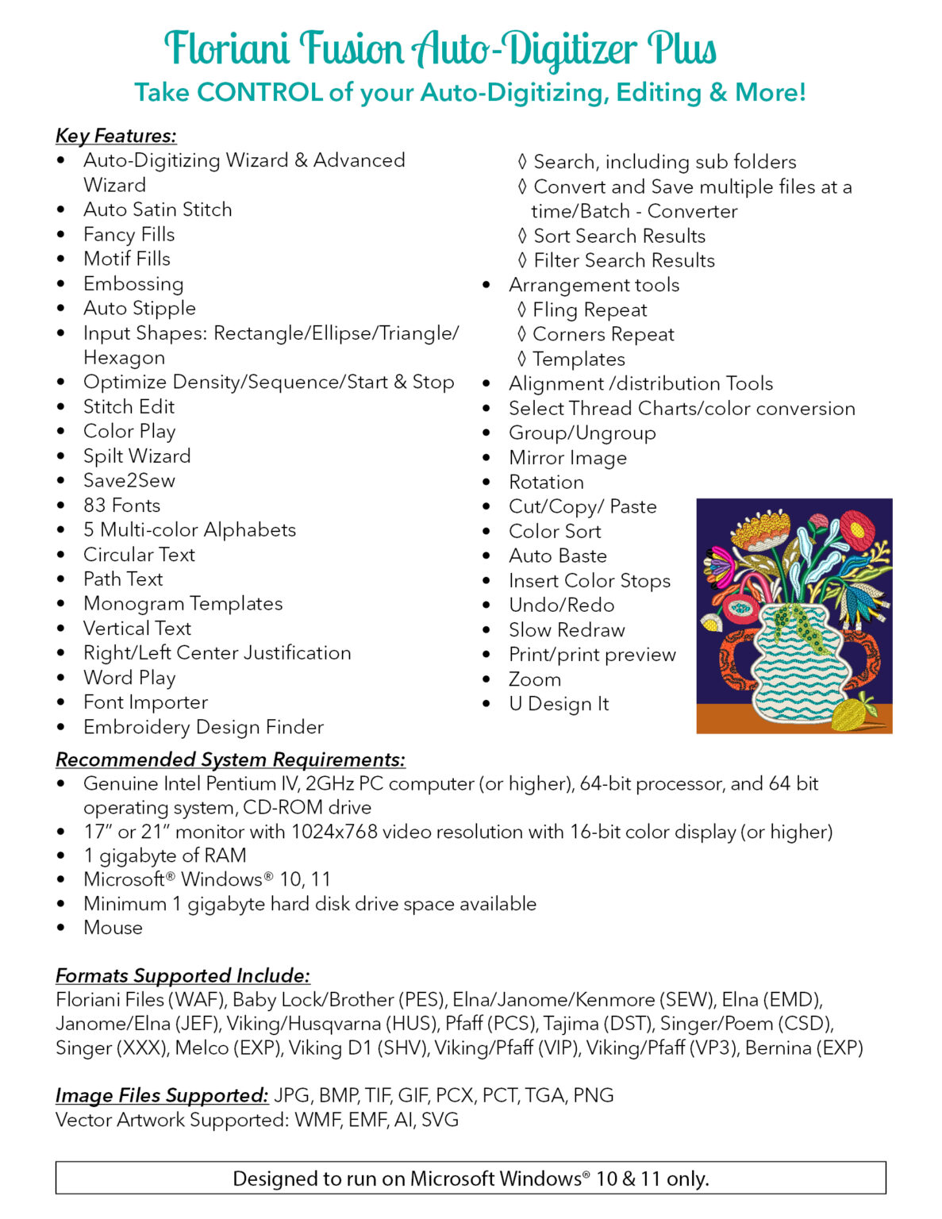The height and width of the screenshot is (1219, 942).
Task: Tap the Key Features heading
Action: click(x=116, y=136)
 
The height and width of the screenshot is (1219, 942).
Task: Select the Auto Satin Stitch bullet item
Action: click(x=158, y=210)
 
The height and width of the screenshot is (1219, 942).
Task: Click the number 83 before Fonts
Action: click(x=94, y=506)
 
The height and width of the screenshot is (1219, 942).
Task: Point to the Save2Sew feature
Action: click(x=129, y=481)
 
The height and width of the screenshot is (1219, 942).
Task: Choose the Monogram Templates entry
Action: click(x=183, y=604)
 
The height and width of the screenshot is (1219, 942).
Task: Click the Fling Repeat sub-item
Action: click(x=590, y=310)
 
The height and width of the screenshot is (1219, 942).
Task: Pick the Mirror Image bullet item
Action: click(x=567, y=458)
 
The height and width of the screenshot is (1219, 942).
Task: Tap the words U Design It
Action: click(x=559, y=704)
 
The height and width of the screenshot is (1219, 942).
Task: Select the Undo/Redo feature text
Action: click(x=561, y=606)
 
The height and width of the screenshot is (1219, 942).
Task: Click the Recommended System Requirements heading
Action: click(x=230, y=759)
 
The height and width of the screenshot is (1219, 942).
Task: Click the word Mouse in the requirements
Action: click(x=113, y=928)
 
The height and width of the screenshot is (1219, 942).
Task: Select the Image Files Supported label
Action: click(x=162, y=1096)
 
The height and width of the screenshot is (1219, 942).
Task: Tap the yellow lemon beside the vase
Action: click(x=851, y=713)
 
